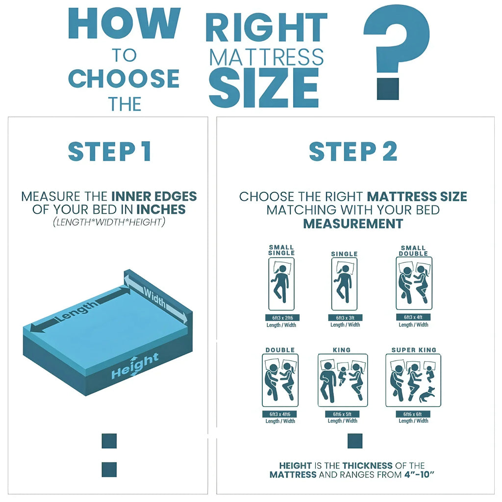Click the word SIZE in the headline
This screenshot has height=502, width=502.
263,87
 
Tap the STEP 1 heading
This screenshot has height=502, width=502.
109,151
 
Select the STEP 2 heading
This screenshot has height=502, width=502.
353,151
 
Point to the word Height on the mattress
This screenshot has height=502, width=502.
135,366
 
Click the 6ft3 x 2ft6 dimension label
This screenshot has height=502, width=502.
282,318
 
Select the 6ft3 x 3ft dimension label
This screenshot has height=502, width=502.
345,318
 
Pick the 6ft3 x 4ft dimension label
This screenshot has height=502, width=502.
413,317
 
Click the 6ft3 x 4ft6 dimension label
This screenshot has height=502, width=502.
280,414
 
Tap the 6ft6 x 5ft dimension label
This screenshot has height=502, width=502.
342,414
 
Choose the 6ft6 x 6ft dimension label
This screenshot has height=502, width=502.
413,414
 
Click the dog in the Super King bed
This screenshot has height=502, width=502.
427,395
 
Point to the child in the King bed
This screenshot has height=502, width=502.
342,375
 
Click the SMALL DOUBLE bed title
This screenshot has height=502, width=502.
413,251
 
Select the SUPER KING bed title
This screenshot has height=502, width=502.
414,350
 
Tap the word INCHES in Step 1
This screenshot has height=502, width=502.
161,209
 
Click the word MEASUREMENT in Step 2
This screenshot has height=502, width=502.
353,224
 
